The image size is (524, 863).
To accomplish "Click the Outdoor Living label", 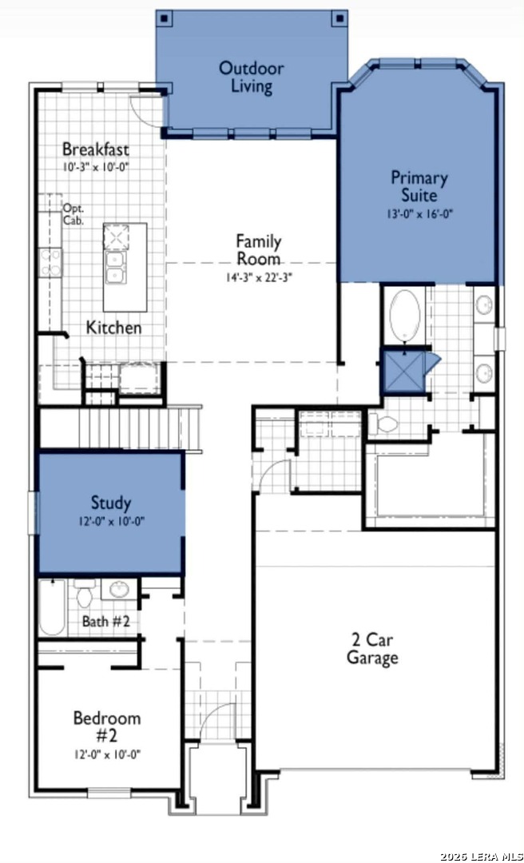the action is tap(252, 78).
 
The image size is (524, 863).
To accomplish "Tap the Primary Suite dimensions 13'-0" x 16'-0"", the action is tap(419, 214).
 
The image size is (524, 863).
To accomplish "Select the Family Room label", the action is tap(258, 249).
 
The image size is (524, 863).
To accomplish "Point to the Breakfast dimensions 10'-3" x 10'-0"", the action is tap(95, 167).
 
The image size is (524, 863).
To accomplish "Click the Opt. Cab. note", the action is tap(73, 215).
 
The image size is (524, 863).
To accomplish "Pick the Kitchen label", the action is tap(114, 328).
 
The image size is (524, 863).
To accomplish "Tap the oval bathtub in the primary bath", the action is tap(405, 315).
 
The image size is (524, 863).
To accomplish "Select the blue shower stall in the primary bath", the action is tap(404, 371).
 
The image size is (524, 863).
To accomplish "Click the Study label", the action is tap(111, 503).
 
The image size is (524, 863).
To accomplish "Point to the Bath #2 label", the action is tap(106, 622).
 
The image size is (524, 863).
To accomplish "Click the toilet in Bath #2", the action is tap(84, 592).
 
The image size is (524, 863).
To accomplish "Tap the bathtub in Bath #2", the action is tap(52, 607).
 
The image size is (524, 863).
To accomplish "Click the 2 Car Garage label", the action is tap(372, 648).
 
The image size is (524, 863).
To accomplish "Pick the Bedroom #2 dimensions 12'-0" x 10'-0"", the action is tap(107, 754).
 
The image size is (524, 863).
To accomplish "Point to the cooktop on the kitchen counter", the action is tap(50, 263).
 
